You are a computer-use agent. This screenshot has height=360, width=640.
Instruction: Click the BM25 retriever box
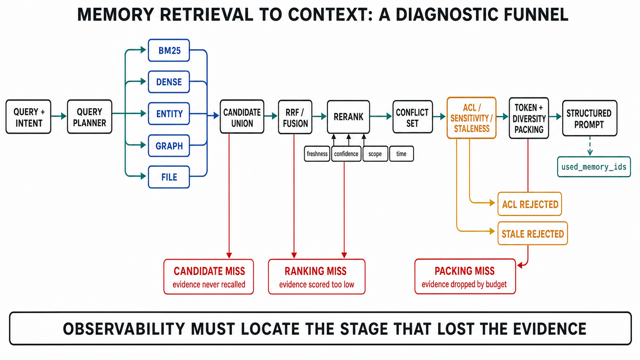click(x=169, y=50)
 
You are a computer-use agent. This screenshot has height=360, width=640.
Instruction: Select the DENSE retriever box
click(x=169, y=82)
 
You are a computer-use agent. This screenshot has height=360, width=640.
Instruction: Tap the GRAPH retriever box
click(x=169, y=146)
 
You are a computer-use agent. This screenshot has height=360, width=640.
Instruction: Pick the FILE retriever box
click(x=169, y=177)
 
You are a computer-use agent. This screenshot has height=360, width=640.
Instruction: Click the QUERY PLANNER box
click(x=90, y=116)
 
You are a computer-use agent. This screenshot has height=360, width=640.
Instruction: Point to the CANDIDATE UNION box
click(x=242, y=116)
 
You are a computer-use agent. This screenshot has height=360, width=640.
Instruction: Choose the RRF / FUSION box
click(x=295, y=117)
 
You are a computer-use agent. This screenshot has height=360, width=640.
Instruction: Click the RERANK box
click(x=348, y=117)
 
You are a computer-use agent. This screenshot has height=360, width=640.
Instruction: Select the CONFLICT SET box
click(x=413, y=117)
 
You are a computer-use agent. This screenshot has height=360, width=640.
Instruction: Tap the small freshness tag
click(x=317, y=154)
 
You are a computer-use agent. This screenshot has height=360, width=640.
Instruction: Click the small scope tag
click(x=375, y=154)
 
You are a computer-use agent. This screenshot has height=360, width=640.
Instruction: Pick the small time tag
click(x=402, y=154)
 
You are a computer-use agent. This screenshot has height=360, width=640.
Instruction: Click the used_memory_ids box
click(x=594, y=167)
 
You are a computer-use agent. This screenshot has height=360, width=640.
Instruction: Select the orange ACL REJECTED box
click(x=530, y=204)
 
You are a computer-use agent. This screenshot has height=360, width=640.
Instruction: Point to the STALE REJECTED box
click(x=532, y=233)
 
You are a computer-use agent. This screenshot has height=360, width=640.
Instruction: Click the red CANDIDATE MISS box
click(x=209, y=277)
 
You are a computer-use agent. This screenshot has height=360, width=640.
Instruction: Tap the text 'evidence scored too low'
click(x=317, y=285)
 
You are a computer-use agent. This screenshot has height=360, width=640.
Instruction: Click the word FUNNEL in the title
click(x=536, y=15)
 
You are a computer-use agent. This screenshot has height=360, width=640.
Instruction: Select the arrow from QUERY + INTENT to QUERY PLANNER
click(x=59, y=116)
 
